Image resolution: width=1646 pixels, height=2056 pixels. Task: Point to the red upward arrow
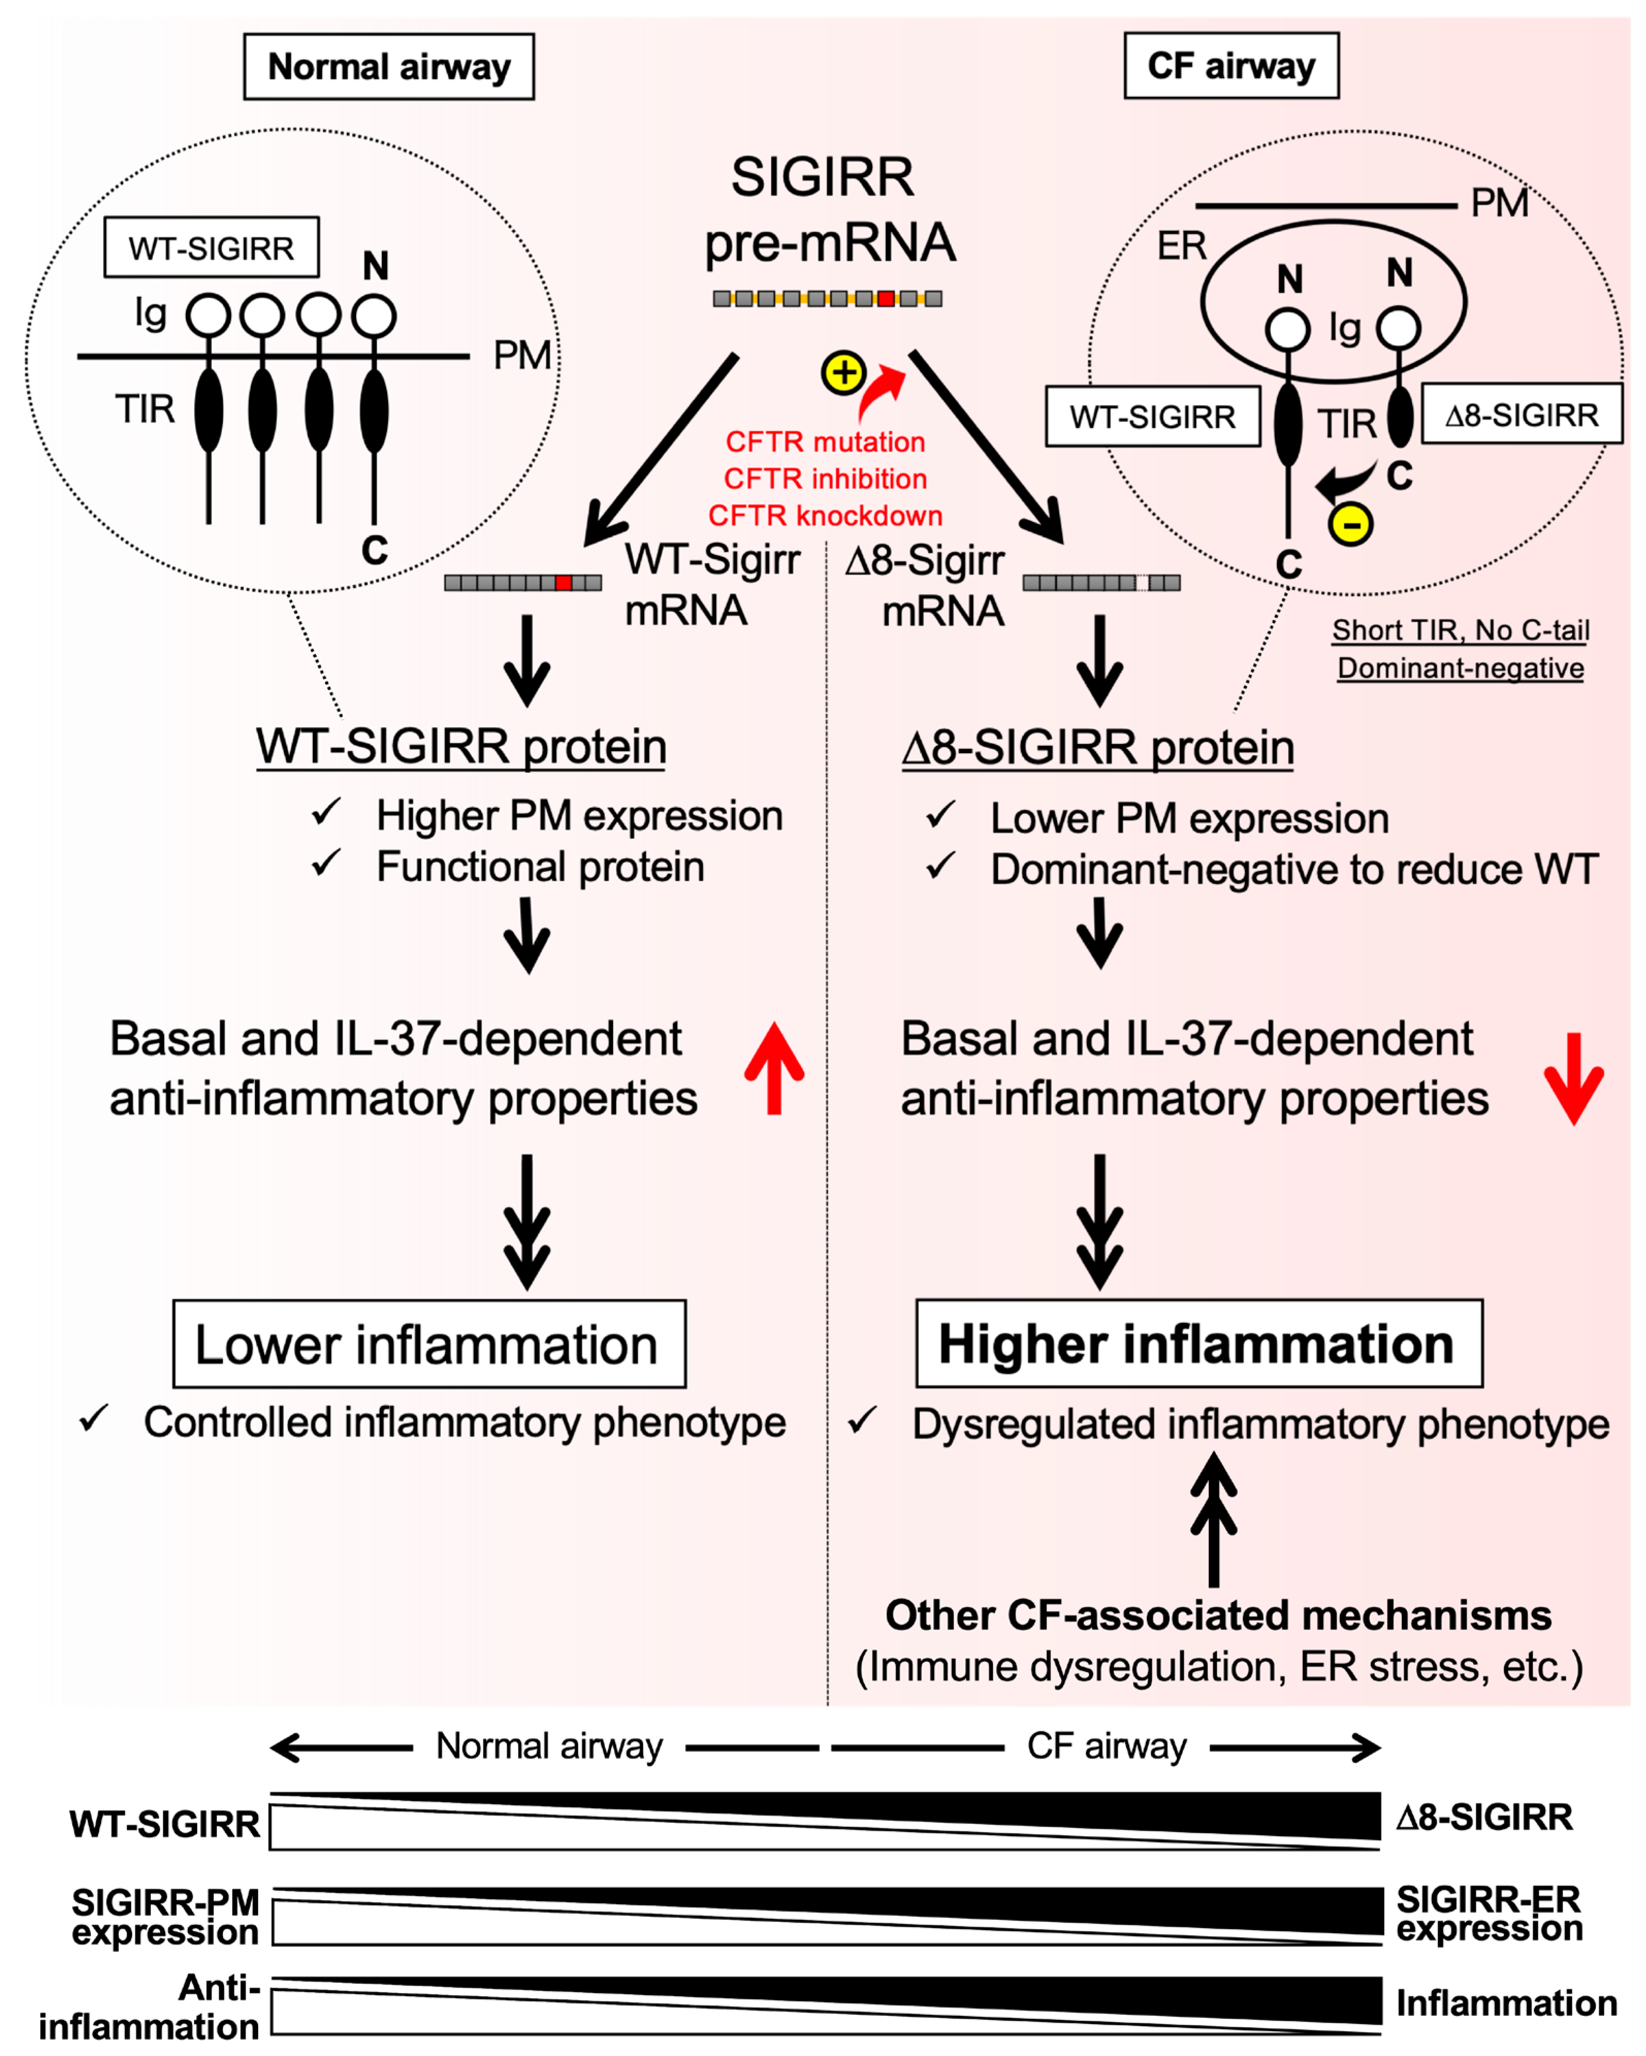(774, 1068)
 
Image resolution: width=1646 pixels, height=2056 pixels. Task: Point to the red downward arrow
(1574, 1078)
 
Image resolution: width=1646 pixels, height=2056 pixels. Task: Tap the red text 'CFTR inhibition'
(825, 479)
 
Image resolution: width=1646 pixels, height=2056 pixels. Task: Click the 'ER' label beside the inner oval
(1181, 246)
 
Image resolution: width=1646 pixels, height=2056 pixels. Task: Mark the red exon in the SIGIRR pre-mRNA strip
(886, 298)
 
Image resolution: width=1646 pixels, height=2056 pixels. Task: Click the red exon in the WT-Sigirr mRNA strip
(564, 583)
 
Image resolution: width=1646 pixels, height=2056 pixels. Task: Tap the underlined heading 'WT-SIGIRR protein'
(461, 747)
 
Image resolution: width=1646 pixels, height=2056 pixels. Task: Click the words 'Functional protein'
(541, 867)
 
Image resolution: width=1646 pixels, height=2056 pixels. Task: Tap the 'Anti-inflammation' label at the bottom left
(150, 2007)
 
